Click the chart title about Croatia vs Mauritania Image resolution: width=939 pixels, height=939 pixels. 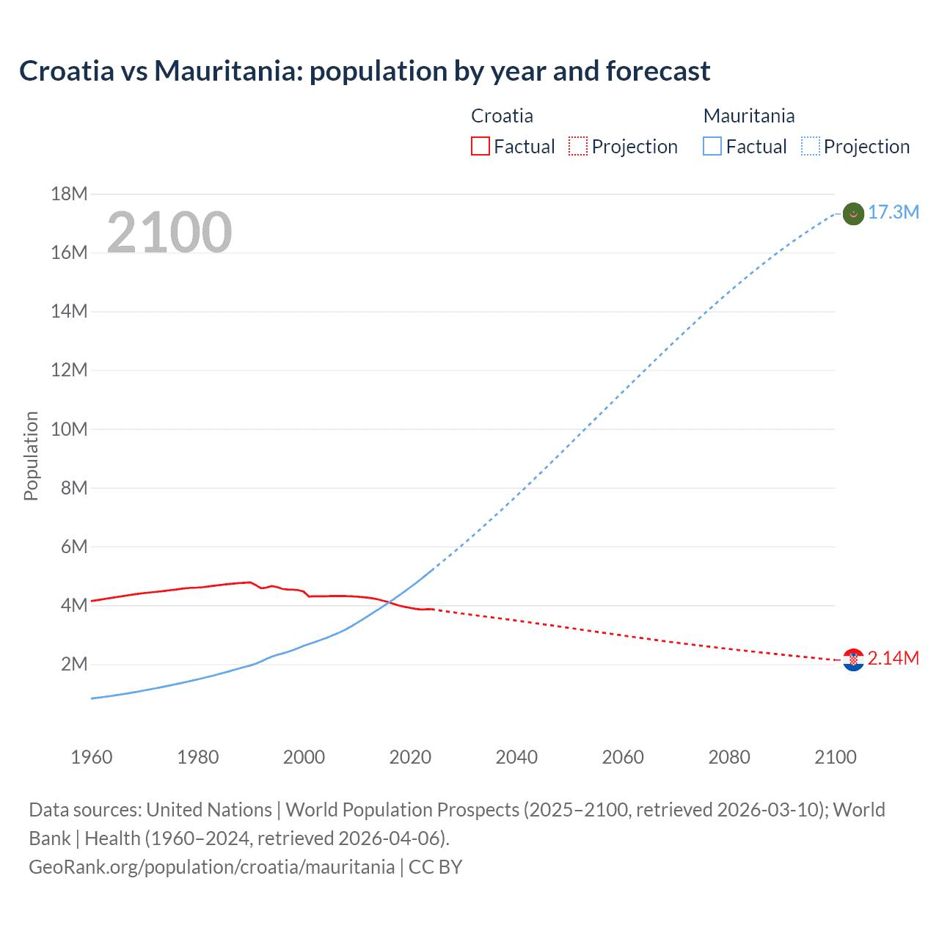pos(365,71)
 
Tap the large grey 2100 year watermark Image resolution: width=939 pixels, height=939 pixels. pos(169,233)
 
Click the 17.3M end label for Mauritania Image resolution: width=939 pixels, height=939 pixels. pos(893,213)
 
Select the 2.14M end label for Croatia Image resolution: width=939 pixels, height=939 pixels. pos(893,659)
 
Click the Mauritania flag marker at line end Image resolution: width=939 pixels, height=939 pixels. pos(853,213)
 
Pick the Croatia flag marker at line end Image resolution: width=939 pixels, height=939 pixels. pos(853,660)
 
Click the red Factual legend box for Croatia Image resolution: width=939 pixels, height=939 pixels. pos(480,147)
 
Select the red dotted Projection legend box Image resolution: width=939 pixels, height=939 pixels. pos(578,147)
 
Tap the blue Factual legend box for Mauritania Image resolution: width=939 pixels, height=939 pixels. pos(712,147)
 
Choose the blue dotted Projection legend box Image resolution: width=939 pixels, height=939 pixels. pos(810,147)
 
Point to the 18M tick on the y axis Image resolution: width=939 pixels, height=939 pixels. pos(69,194)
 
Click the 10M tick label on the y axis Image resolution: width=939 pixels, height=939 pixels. pos(69,429)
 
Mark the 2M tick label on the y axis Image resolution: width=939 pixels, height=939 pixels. pos(74,665)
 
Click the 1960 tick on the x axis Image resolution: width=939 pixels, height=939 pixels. pos(92,757)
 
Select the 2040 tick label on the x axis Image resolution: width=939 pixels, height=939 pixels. pos(516,757)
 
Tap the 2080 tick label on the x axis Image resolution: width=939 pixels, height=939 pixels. pos(729,757)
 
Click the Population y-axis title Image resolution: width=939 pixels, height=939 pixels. pos(31,456)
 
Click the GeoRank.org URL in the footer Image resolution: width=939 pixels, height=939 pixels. pos(211,867)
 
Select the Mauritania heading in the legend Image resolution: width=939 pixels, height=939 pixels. pos(749,116)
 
